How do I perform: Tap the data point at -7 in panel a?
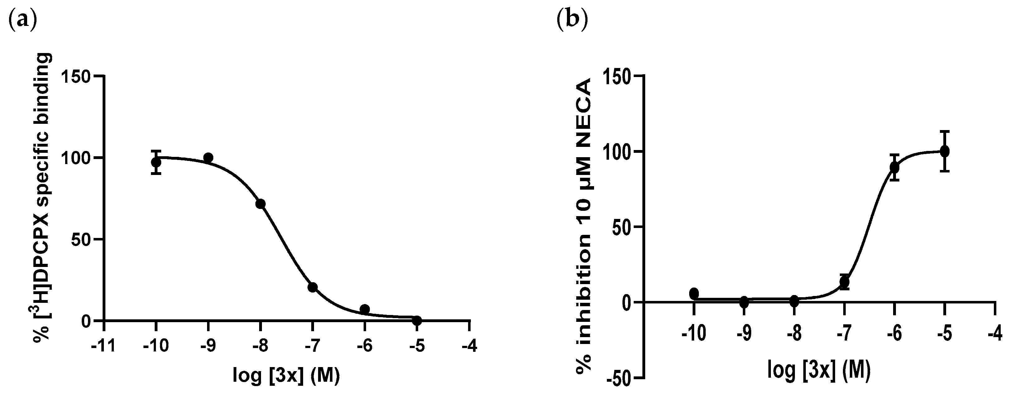click(x=312, y=287)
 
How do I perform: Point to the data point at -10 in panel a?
click(x=156, y=162)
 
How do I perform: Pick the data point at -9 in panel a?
click(x=208, y=158)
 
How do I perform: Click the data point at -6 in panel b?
click(x=894, y=167)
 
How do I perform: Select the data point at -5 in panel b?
click(x=945, y=151)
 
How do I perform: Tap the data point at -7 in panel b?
click(x=844, y=282)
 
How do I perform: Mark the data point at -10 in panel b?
click(x=694, y=293)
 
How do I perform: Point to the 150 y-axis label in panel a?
click(x=76, y=76)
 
